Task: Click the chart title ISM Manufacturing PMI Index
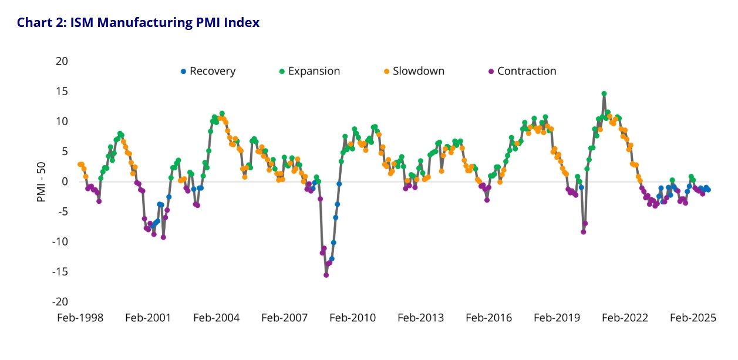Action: coord(138,23)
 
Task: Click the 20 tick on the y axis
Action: coord(62,61)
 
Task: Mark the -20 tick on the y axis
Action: coord(59,301)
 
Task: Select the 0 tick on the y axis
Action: coord(65,181)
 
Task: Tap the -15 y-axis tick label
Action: coord(59,271)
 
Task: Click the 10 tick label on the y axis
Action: coord(62,121)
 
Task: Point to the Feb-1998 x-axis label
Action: coord(80,318)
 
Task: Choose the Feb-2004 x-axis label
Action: coord(216,318)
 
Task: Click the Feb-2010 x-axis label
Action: coord(352,318)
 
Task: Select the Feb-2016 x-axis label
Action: coord(488,318)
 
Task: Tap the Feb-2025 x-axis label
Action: coord(693,318)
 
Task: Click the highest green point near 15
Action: coord(604,93)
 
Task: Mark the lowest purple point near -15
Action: coord(326,275)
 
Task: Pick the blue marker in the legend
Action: coord(183,72)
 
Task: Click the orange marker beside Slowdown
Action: coord(386,72)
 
